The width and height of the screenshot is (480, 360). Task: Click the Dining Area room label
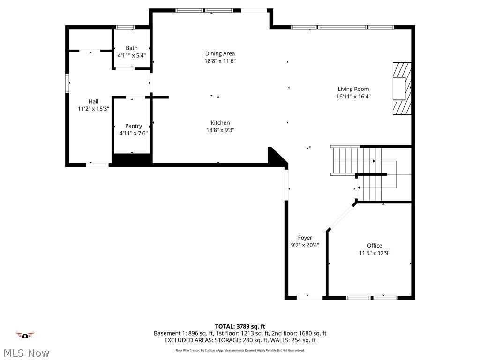coord(220,53)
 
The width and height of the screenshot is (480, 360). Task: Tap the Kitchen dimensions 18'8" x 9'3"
coord(220,130)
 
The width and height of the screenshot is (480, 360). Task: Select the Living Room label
coord(353,89)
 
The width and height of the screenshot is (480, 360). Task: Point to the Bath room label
coord(132,48)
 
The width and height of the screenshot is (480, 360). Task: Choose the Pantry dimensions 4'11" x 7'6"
coord(133,133)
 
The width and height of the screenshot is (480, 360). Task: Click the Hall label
coord(93,101)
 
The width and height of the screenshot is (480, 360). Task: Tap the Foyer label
coord(305,238)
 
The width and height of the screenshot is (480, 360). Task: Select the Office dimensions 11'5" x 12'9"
coord(374,253)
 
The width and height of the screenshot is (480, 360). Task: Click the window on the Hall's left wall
coord(67,84)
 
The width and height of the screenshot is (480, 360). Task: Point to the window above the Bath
coord(125,27)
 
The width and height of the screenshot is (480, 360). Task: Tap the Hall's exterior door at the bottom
coord(98,165)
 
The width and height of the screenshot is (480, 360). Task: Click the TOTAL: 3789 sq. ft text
coord(240,326)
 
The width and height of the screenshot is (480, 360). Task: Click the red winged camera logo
coord(25,335)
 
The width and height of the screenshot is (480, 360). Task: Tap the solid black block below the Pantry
coord(132,159)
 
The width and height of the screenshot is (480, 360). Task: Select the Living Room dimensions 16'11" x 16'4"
coord(353,97)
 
